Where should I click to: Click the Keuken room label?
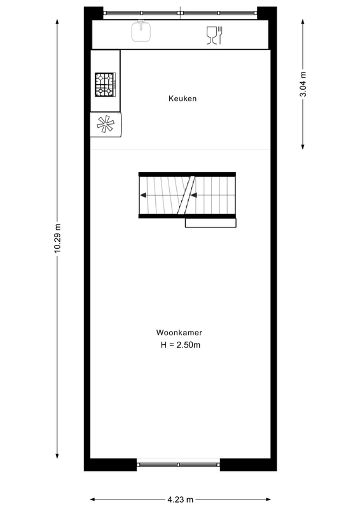(183, 99)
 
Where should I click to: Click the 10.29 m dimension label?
(58, 239)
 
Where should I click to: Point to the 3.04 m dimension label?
(303, 83)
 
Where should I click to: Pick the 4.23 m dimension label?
(181, 499)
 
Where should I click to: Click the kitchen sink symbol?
(141, 31)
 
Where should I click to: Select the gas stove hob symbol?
(105, 85)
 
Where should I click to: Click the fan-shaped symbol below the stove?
(106, 124)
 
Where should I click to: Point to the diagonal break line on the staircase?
(186, 195)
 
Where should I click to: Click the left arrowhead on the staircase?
(144, 195)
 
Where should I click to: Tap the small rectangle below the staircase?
(211, 223)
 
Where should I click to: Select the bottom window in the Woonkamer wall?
(179, 464)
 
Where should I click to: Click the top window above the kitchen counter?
(181, 13)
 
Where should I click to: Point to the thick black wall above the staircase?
(187, 173)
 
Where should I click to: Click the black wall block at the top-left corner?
(93, 13)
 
